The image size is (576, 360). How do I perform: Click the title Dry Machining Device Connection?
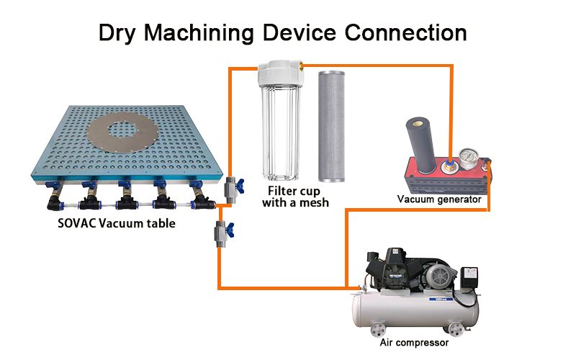tap(282, 32)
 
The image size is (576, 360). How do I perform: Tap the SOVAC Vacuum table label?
tap(116, 223)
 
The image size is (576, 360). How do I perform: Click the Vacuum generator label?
tap(438, 199)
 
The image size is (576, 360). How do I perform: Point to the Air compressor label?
tap(414, 343)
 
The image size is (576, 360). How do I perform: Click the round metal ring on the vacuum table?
tap(111, 137)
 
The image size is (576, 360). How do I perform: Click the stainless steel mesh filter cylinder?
tap(332, 125)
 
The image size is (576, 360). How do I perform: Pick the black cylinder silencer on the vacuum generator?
tap(420, 145)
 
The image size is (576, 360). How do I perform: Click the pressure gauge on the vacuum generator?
tap(470, 156)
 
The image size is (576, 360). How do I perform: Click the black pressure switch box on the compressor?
tap(470, 276)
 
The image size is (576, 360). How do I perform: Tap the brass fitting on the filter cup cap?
tap(302, 67)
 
